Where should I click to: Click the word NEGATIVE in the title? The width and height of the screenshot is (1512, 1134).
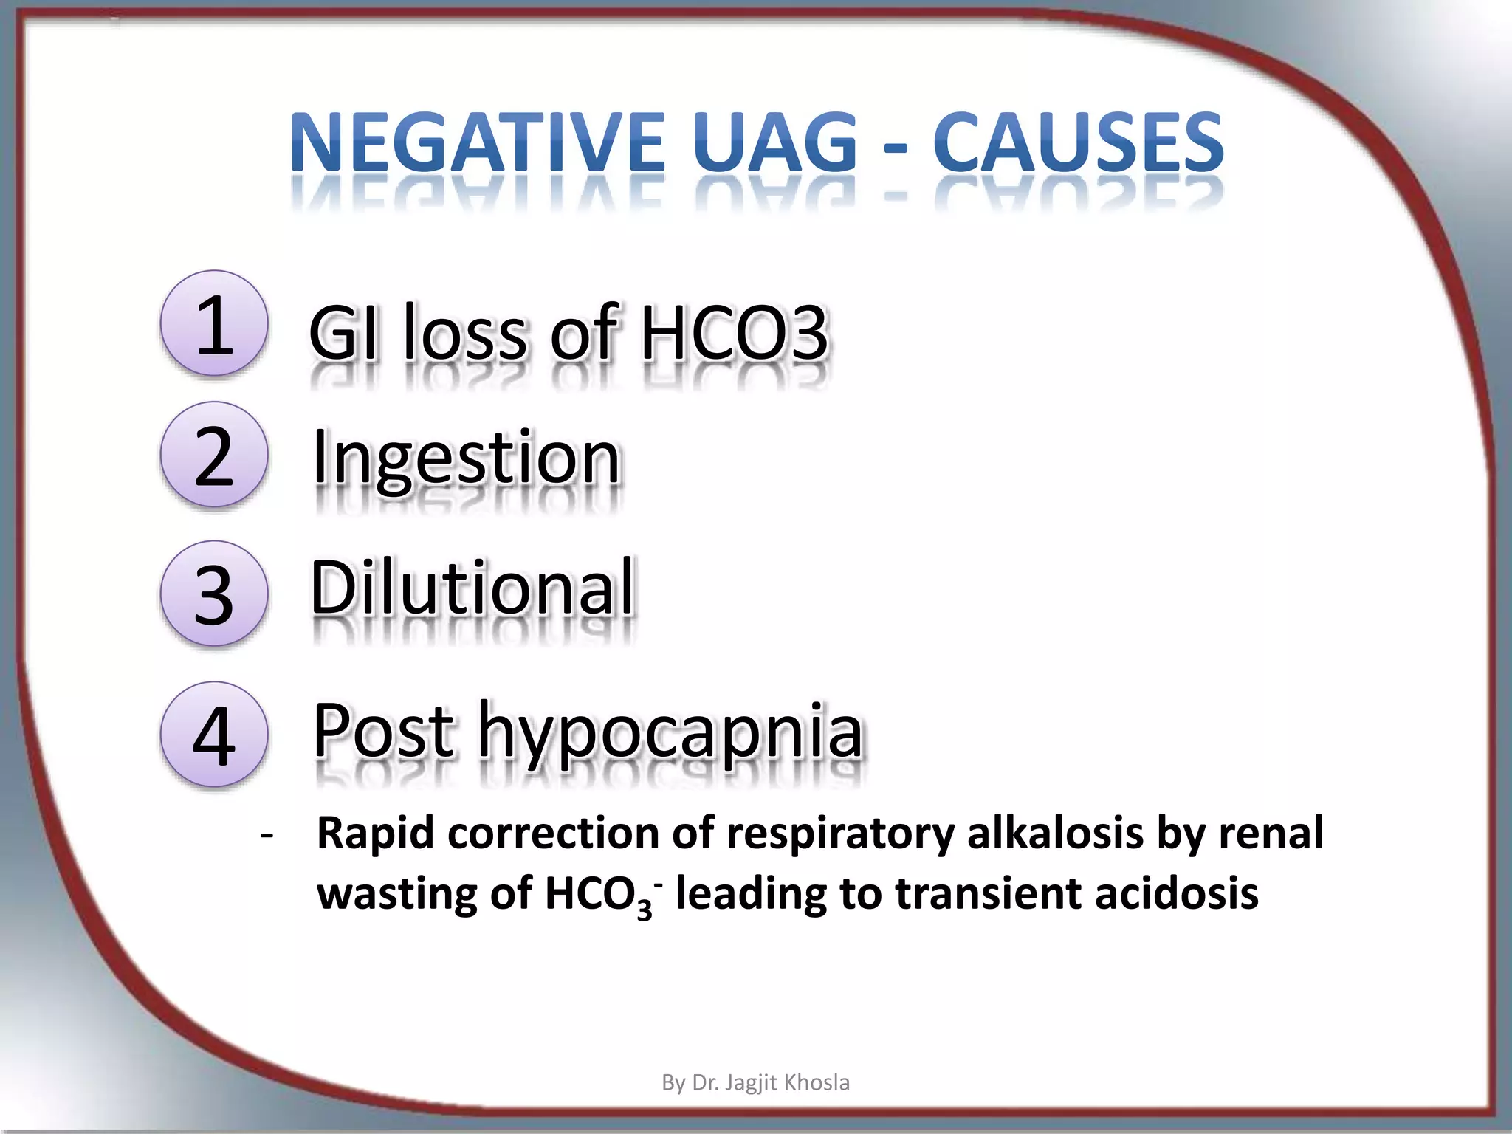click(x=477, y=142)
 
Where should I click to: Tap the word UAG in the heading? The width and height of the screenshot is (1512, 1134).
click(x=776, y=142)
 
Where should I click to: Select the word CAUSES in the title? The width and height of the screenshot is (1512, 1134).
click(x=1078, y=142)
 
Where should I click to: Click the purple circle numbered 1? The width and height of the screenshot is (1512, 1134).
click(x=214, y=323)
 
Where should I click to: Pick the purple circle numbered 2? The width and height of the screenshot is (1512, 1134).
click(x=214, y=455)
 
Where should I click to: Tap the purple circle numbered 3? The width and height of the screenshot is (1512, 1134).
click(x=214, y=594)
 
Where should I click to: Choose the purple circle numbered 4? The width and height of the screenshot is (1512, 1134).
click(x=214, y=734)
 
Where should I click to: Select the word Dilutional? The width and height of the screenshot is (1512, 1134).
click(x=472, y=588)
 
